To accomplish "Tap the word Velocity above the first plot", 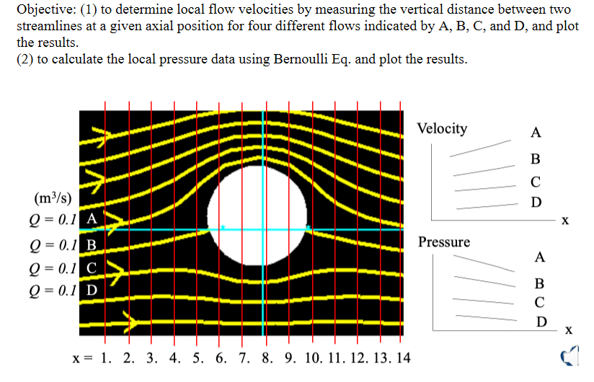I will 442,129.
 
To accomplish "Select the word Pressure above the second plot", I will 444,242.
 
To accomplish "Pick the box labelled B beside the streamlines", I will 92,244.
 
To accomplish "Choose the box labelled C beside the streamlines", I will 92,268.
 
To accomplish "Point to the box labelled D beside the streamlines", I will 92,291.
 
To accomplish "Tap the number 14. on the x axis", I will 402,357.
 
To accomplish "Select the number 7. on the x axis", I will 246,357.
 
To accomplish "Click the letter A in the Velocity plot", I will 534,133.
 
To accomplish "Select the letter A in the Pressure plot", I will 540,257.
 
